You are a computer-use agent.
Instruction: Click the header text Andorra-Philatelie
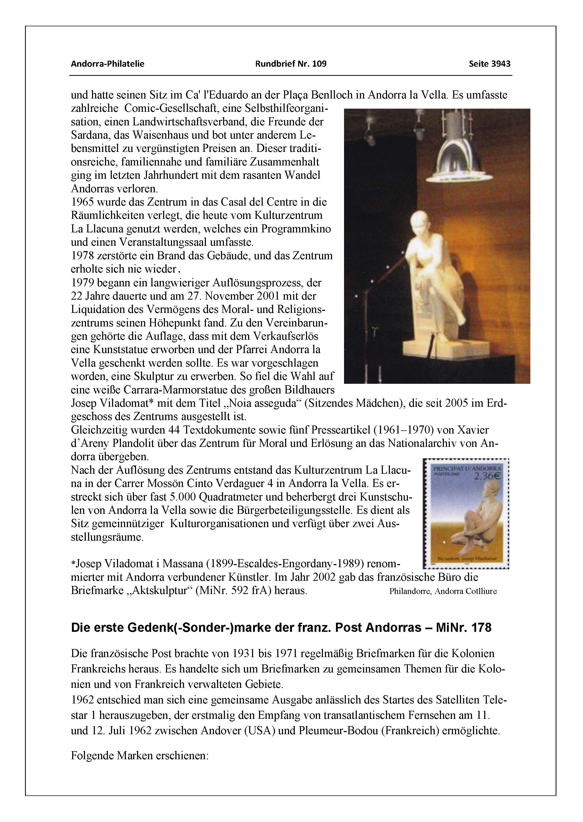(x=107, y=64)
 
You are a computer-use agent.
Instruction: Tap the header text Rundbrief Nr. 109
(x=291, y=64)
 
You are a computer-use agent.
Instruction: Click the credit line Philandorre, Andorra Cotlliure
(x=443, y=591)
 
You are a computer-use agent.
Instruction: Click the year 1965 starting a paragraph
(x=83, y=202)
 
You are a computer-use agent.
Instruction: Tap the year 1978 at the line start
(x=83, y=256)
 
